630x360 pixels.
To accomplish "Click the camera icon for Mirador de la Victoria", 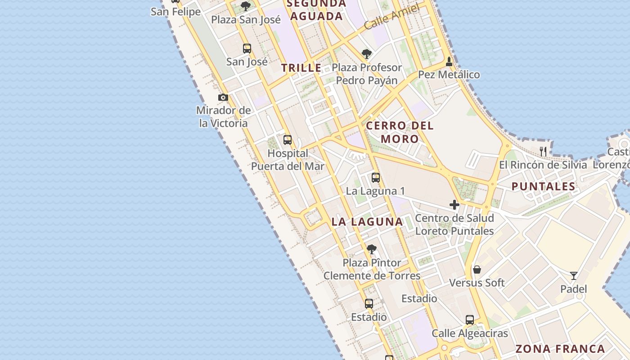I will point(223,97).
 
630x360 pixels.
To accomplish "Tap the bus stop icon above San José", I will point(247,48).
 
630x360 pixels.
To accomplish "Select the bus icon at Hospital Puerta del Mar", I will point(288,140).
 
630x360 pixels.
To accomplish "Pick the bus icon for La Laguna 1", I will point(376,177).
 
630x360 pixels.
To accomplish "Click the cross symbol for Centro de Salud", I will point(454,205).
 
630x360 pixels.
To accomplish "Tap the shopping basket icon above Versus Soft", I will point(477,270).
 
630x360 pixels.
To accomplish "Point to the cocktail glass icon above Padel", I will point(574,275).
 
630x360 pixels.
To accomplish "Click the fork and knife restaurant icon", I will point(543,151).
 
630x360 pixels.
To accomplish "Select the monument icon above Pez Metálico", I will point(449,61).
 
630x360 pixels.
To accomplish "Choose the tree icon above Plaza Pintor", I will point(371,249).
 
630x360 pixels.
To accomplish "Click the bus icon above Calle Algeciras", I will point(470,320).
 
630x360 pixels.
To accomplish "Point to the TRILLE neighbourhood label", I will point(301,68).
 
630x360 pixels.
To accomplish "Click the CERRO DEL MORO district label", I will point(400,132).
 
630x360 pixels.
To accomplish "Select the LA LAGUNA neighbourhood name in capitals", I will point(367,221).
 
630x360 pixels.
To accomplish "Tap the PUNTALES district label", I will point(543,186).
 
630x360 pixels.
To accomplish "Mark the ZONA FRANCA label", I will point(560,349).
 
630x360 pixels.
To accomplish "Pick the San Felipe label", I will point(175,12).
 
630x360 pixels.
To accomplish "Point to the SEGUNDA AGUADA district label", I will point(317,10).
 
